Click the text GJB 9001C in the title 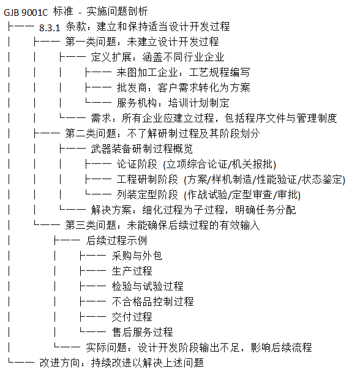click(x=26, y=12)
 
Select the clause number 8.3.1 click(x=50, y=28)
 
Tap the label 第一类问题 click(x=91, y=42)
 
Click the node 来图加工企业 click(x=148, y=73)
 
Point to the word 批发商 click(x=132, y=88)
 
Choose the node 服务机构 click(x=137, y=103)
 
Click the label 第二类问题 click(x=91, y=133)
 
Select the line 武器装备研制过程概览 click(x=142, y=149)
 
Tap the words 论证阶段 click(x=137, y=164)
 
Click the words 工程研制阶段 click(x=147, y=179)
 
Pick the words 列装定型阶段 click(x=147, y=194)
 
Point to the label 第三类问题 click(x=91, y=225)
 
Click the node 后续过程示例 click(x=116, y=240)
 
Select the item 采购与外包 click(x=137, y=256)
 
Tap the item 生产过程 click(x=132, y=271)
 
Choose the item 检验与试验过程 click(x=148, y=286)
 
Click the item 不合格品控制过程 click(x=152, y=301)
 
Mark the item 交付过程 click(x=132, y=317)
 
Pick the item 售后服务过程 click(x=142, y=332)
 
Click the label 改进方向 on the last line click(x=60, y=363)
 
